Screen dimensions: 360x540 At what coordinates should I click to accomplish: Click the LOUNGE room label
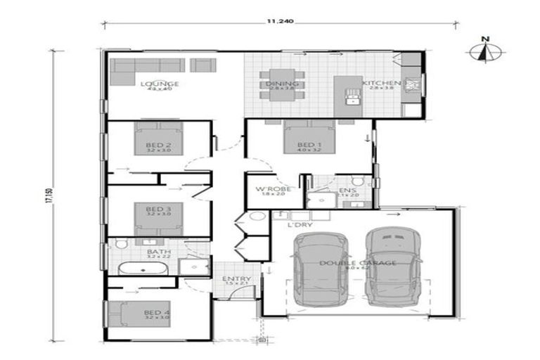(x=159, y=84)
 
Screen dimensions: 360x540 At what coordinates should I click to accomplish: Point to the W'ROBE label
(x=269, y=190)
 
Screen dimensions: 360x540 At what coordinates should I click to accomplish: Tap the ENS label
(x=345, y=191)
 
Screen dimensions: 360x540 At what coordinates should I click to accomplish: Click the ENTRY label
(x=236, y=279)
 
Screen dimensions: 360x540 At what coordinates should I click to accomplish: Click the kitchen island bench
(x=347, y=91)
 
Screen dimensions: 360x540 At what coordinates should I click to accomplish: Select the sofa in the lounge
(x=148, y=65)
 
